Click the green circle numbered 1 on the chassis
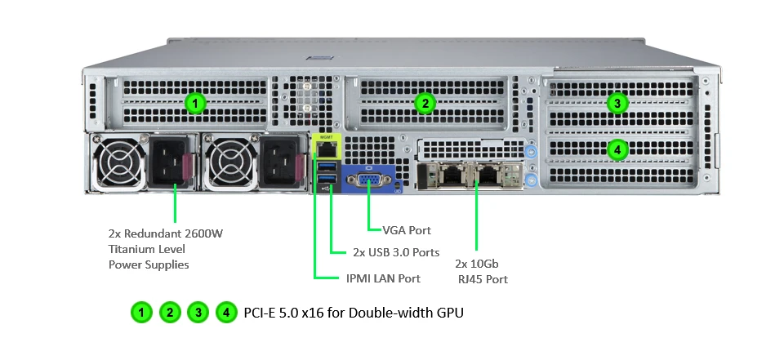(194, 103)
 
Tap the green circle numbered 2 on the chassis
(424, 103)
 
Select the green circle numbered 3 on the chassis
(617, 103)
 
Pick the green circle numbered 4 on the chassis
(617, 150)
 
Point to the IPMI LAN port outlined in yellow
(326, 149)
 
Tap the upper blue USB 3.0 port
(326, 167)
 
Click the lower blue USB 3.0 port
(326, 181)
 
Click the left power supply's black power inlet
(169, 160)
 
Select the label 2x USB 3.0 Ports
(396, 252)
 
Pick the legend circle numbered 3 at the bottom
(198, 312)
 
